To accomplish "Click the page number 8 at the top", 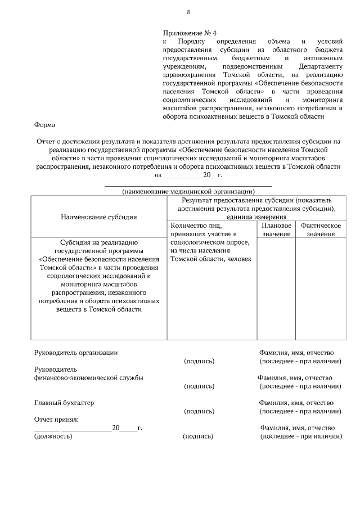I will [x=188, y=12].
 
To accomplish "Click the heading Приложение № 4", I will [x=185, y=33].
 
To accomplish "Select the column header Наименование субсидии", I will [x=98, y=217].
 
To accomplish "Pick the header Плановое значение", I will [x=276, y=229].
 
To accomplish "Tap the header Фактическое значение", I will [x=321, y=229].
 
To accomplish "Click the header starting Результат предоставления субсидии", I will [x=256, y=208].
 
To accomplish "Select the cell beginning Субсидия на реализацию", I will [x=98, y=275].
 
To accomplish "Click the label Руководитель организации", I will [x=76, y=353].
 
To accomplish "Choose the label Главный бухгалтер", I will [x=64, y=403].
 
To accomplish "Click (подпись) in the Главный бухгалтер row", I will [x=199, y=412].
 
